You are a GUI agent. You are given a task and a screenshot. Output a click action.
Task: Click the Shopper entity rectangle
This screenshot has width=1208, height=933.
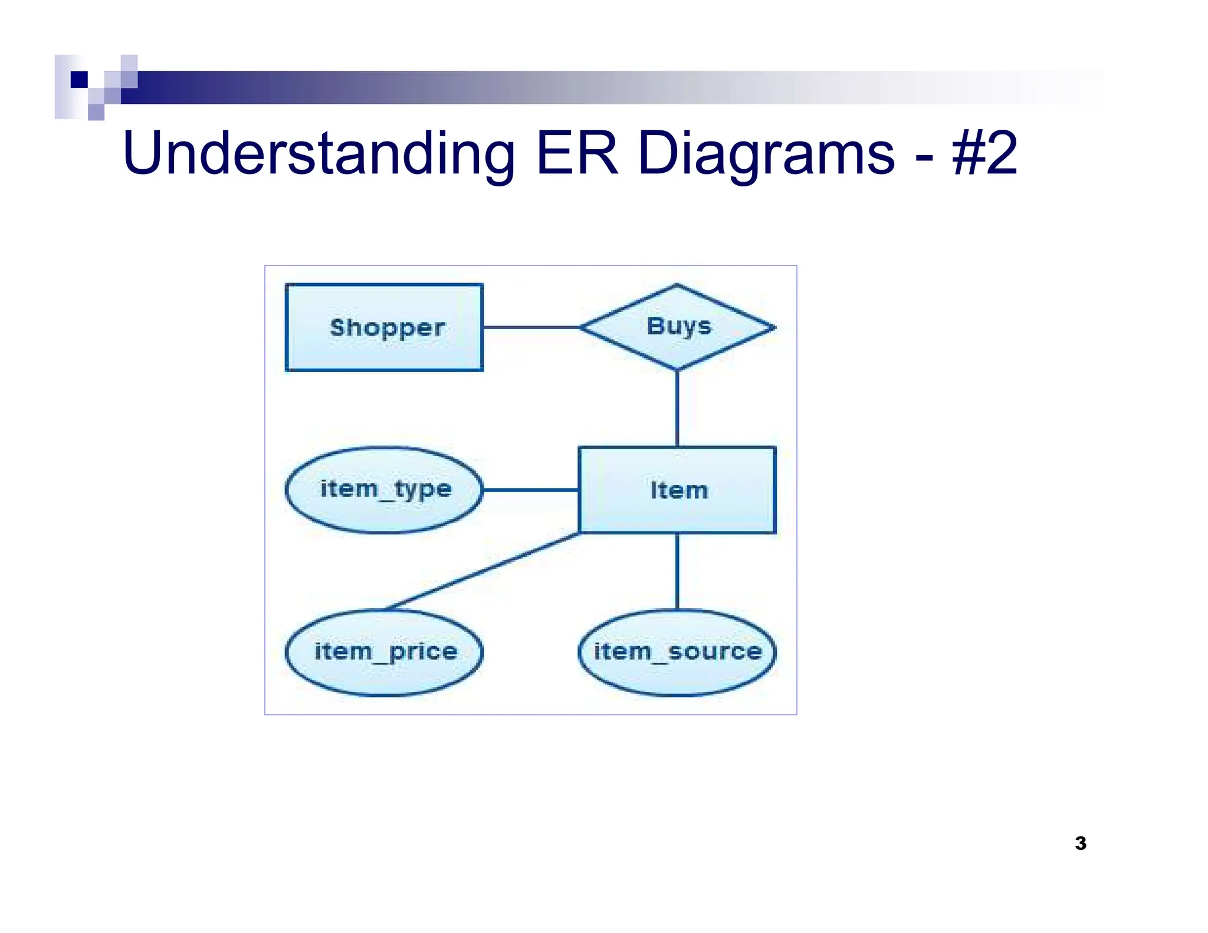(x=384, y=327)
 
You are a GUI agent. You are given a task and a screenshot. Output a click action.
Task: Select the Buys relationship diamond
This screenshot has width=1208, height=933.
(x=677, y=327)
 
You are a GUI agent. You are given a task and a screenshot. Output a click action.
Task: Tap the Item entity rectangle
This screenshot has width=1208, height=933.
(x=677, y=490)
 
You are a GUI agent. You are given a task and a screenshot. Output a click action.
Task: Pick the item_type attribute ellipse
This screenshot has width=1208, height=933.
(x=384, y=490)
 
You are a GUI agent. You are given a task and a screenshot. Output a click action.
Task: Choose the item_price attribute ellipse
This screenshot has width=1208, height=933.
(x=384, y=652)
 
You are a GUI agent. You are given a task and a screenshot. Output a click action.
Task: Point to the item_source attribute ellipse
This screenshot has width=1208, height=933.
(x=677, y=652)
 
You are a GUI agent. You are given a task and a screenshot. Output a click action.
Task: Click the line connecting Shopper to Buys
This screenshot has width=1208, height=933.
(x=531, y=327)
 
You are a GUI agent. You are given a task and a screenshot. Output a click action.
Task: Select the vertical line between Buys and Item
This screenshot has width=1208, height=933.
(x=677, y=408)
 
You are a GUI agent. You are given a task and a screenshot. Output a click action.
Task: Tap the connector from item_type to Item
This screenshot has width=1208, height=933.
(x=530, y=490)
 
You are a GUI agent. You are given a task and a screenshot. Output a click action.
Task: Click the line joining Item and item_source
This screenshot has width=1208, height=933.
(x=677, y=571)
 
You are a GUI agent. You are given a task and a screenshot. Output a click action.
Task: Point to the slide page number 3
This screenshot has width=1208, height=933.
(x=1081, y=843)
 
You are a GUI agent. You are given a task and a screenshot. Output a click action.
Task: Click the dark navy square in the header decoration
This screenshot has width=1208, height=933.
(x=79, y=79)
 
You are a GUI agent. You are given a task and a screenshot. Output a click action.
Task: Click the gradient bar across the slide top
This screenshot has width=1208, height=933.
(x=590, y=87)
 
